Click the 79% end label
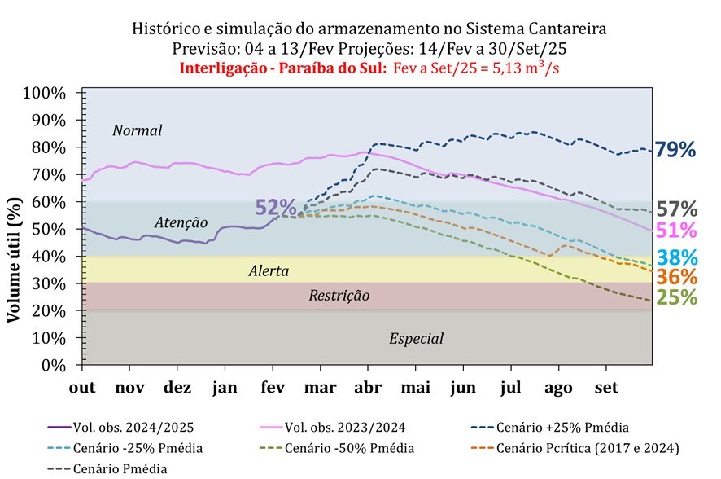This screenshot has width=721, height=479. [676, 150]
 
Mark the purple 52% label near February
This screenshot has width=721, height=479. [276, 208]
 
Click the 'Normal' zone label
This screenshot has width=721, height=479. [138, 130]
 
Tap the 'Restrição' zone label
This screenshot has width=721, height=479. [339, 296]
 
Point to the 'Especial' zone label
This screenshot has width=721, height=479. [416, 339]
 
